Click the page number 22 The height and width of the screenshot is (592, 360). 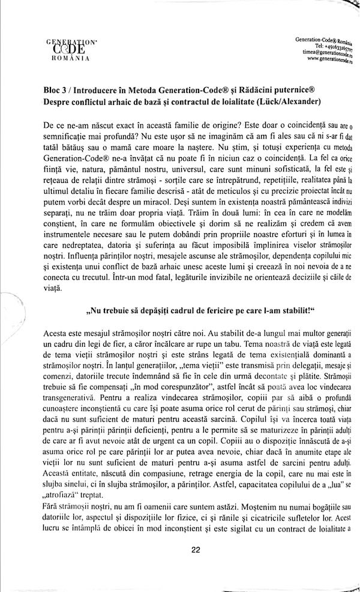point(195,549)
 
